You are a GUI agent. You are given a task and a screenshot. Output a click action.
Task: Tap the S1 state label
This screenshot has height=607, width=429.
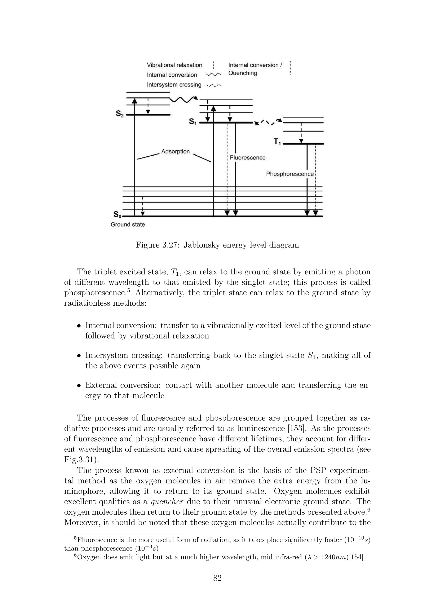pos(193,122)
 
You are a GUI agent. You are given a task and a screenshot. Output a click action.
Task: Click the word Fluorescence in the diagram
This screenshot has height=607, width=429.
pos(247,158)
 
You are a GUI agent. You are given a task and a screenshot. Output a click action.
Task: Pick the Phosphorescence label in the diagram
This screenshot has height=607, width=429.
pos(290,174)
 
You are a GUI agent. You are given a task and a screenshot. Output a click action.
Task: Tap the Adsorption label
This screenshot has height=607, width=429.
pos(176,151)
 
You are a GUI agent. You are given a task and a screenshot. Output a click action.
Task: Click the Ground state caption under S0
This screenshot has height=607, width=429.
pos(128,225)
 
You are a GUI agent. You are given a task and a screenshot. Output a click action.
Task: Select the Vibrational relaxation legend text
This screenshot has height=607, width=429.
pos(174,65)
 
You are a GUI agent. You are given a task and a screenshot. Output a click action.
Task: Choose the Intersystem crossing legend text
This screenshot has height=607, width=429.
pos(174,85)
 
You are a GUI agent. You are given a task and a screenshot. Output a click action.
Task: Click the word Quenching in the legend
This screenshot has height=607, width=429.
pos(243,73)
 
